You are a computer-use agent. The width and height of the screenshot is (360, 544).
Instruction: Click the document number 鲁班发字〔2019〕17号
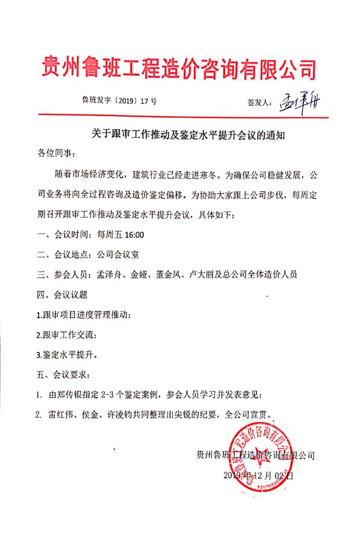click(120, 102)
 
